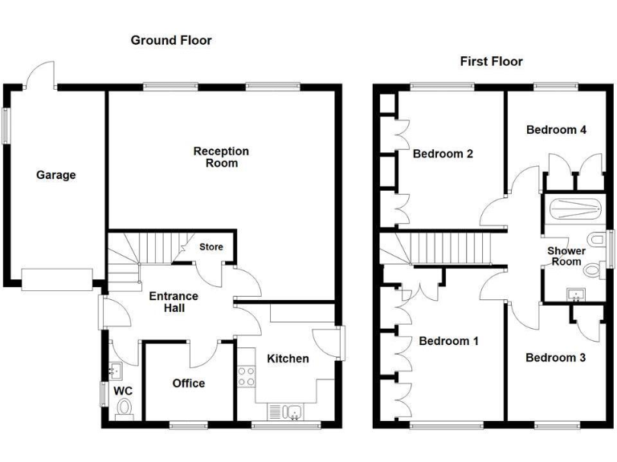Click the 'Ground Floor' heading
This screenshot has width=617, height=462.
(171, 40)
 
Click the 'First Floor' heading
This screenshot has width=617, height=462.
(490, 61)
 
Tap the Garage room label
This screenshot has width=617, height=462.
(55, 175)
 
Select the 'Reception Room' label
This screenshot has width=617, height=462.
(221, 157)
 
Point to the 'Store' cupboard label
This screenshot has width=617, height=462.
(211, 247)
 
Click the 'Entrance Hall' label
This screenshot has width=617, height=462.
(174, 302)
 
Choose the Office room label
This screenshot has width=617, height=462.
(189, 383)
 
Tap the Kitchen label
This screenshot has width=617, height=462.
(288, 359)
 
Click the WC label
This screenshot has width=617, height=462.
(124, 391)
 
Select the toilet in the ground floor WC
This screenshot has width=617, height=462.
(124, 411)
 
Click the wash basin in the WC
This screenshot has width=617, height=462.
(115, 371)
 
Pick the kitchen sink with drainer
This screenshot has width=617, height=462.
(286, 411)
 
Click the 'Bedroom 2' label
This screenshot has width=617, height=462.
(443, 154)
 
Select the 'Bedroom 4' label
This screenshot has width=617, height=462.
(556, 130)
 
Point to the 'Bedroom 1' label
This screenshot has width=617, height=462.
(448, 342)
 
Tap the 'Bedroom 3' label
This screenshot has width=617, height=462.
(555, 358)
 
